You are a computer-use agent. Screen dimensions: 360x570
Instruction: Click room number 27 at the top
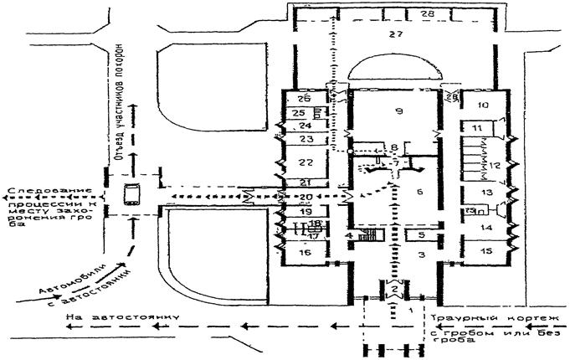[x=396, y=35]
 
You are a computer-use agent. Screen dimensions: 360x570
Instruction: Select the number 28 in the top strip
[x=428, y=14]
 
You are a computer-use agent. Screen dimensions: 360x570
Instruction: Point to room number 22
[x=306, y=162]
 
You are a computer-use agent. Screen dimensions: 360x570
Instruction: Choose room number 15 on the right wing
[x=485, y=250]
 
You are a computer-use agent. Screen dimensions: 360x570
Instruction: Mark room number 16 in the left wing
[x=304, y=251]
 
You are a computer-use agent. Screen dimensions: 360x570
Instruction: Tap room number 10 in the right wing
[x=483, y=105]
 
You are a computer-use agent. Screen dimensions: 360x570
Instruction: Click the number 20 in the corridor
[x=305, y=196]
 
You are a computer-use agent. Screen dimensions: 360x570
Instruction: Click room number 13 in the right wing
[x=485, y=193]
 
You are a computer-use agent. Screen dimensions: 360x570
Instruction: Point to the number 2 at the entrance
[x=393, y=290]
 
